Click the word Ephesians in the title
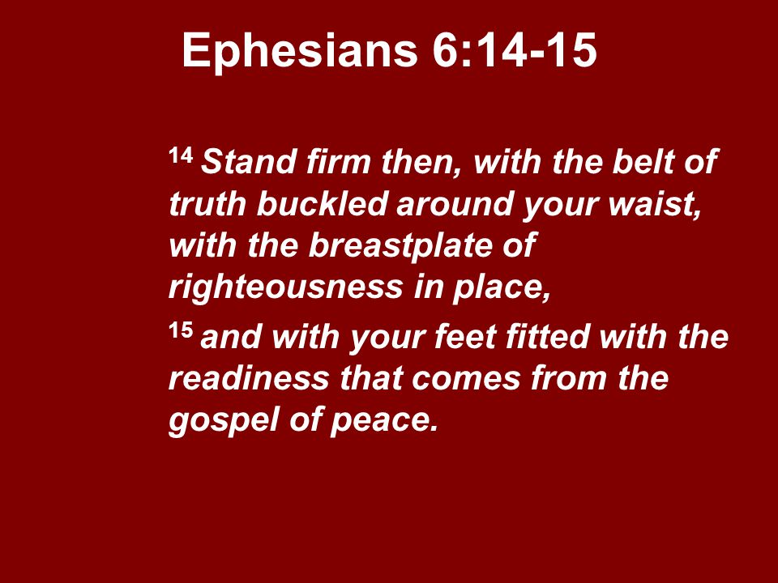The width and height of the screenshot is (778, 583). click(297, 52)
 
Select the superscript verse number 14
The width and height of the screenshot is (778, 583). click(181, 155)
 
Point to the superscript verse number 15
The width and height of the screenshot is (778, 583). click(181, 330)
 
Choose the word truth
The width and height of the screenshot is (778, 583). click(208, 206)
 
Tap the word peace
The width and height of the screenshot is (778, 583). click(388, 422)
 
